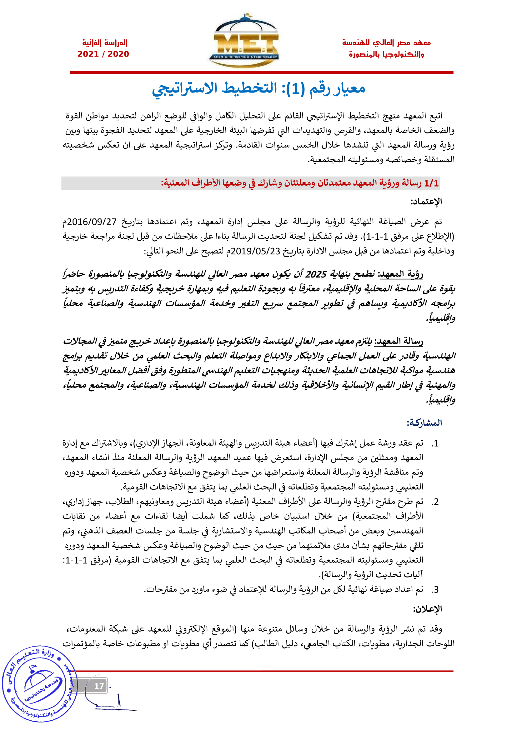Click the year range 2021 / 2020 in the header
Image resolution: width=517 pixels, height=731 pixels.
103,54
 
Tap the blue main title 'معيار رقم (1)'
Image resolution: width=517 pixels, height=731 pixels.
258,88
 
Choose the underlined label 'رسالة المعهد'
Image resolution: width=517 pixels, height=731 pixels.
399,342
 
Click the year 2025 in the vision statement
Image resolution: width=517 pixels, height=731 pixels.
316,274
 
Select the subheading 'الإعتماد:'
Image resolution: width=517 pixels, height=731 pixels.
426,202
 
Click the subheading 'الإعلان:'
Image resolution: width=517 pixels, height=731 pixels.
428,609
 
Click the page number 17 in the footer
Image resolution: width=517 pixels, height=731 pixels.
99,686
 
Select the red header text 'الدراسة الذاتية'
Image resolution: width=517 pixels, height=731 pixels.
105,43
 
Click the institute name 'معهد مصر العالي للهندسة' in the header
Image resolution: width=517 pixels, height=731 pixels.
386,43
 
